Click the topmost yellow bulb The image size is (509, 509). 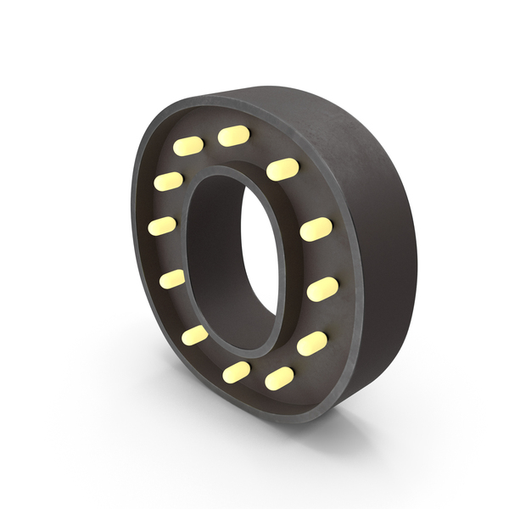tap(234, 136)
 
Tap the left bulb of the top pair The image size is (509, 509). tap(188, 146)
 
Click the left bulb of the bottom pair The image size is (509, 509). tap(237, 371)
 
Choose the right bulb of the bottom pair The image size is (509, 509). tap(279, 378)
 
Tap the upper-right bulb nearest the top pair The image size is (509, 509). tap(282, 169)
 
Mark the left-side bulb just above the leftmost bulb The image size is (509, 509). tap(168, 182)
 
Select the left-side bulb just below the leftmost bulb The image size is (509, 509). tap(172, 278)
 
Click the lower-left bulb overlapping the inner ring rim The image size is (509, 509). tap(195, 335)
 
